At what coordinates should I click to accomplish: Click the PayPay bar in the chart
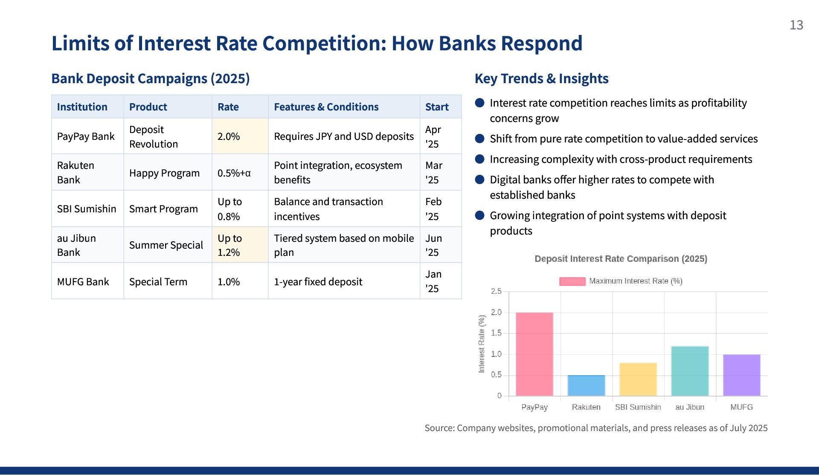pyautogui.click(x=534, y=354)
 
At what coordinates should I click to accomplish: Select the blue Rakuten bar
pyautogui.click(x=586, y=385)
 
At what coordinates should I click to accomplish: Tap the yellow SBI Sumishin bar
pyautogui.click(x=638, y=379)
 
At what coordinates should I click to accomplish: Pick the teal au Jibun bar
pyautogui.click(x=690, y=371)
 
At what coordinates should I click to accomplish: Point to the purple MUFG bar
pyautogui.click(x=741, y=375)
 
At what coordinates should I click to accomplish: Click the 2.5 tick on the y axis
pyautogui.click(x=496, y=291)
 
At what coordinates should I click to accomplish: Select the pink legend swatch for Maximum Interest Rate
pyautogui.click(x=572, y=281)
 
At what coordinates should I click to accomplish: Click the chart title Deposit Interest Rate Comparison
pyautogui.click(x=621, y=259)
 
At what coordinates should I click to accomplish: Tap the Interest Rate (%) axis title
pyautogui.click(x=482, y=344)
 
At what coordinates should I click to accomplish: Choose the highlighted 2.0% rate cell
pyautogui.click(x=240, y=136)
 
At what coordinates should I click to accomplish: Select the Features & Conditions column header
pyautogui.click(x=326, y=107)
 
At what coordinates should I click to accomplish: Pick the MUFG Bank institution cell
pyautogui.click(x=83, y=282)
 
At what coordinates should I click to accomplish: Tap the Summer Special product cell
pyautogui.click(x=166, y=245)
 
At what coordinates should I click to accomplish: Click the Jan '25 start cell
pyautogui.click(x=433, y=281)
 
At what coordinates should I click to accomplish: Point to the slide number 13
pyautogui.click(x=796, y=25)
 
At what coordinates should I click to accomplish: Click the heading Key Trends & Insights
pyautogui.click(x=541, y=78)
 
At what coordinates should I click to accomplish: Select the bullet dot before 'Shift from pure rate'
pyautogui.click(x=480, y=139)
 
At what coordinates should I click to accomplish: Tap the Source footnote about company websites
pyautogui.click(x=596, y=428)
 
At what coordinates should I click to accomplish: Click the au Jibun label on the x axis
pyautogui.click(x=690, y=407)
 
